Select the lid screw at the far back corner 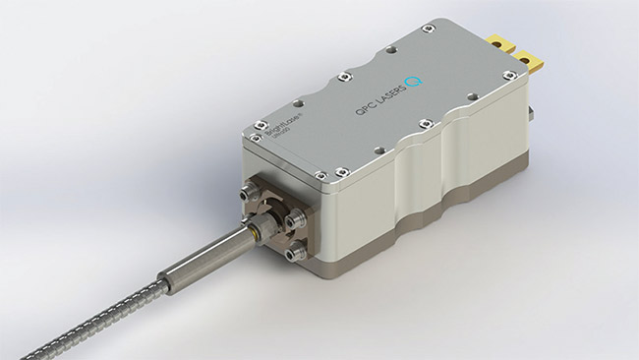tap(427, 29)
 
